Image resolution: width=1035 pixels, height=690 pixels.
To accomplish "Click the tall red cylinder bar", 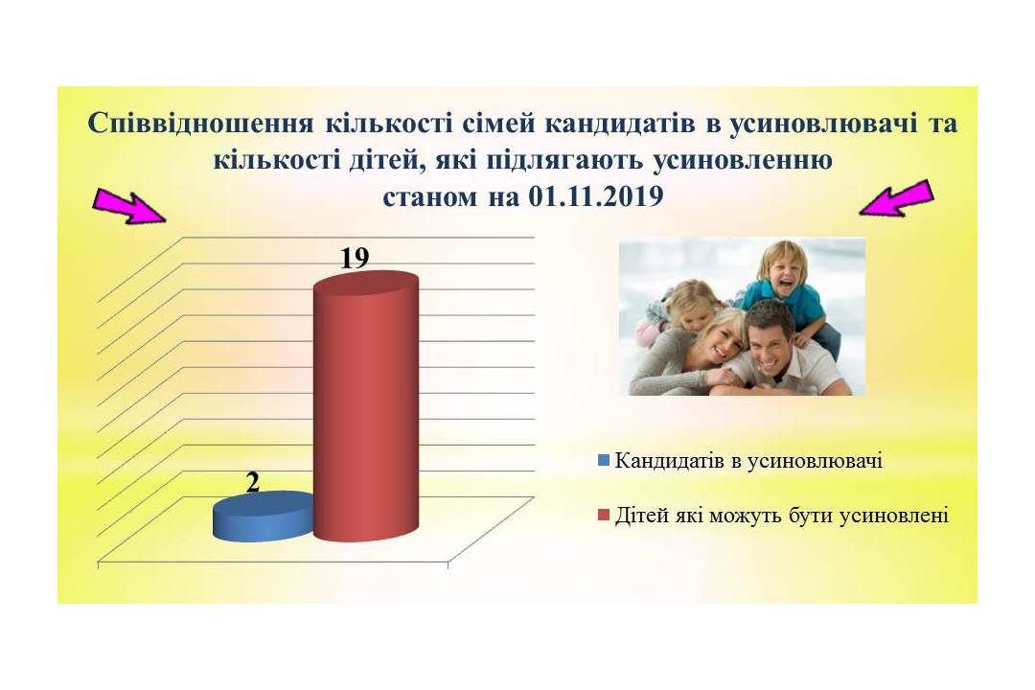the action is click(x=366, y=406).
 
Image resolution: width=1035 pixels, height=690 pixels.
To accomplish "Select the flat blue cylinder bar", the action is click(x=263, y=517).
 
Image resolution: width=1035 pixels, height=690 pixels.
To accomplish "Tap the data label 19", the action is click(x=355, y=258).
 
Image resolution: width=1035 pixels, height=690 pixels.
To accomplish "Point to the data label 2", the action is click(x=253, y=483).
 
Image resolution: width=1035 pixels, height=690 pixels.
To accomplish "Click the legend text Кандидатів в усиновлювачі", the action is click(x=748, y=460).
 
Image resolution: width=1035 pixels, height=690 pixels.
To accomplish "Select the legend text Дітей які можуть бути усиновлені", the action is click(x=782, y=515).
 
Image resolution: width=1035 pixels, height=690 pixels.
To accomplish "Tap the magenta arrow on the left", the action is click(x=129, y=205).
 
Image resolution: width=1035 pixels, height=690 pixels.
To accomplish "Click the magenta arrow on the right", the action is click(x=896, y=198).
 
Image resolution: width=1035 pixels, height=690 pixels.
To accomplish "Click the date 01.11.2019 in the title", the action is click(x=596, y=196).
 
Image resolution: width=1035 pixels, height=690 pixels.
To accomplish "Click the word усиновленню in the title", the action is click(x=743, y=160).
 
